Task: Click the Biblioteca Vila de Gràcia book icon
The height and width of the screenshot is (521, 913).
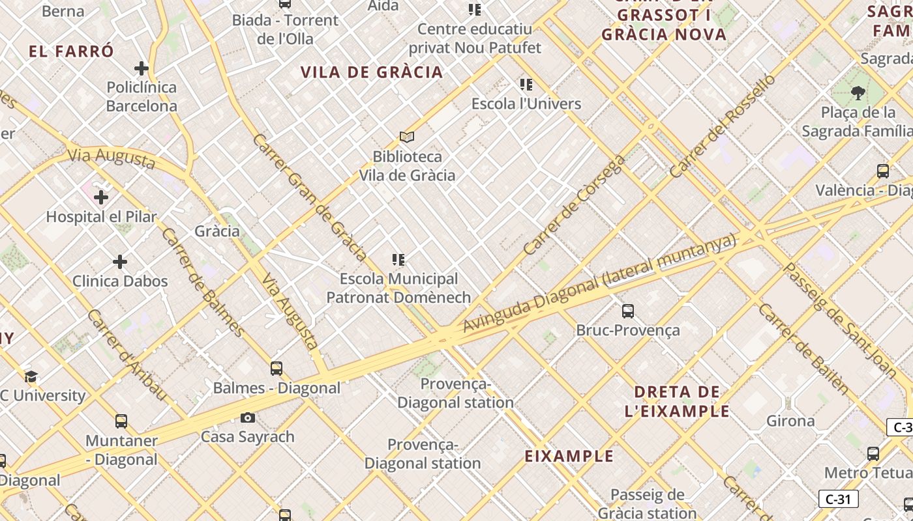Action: tap(407, 137)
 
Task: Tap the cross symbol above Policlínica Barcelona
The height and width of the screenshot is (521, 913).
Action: tap(142, 68)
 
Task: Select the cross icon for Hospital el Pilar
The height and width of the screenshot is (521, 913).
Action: tap(101, 197)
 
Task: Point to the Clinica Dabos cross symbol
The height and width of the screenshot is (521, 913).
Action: tap(120, 262)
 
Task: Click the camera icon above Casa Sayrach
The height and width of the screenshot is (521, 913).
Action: tap(248, 417)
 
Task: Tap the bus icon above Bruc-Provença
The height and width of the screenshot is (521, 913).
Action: tap(628, 311)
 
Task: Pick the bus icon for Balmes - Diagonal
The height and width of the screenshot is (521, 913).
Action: tap(277, 369)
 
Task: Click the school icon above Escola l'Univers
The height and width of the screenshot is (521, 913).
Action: tap(526, 84)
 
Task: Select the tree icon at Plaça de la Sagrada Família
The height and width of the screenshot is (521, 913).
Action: tap(858, 93)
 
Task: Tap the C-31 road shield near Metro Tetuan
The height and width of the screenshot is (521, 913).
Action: tap(838, 500)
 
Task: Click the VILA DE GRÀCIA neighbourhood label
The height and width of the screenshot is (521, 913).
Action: tap(372, 72)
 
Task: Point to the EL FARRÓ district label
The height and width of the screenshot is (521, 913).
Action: tap(72, 51)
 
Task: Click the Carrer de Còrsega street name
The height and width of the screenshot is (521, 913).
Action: tap(574, 205)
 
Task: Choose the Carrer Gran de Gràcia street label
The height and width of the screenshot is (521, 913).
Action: tap(310, 197)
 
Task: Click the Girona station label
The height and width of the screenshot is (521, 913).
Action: tap(790, 421)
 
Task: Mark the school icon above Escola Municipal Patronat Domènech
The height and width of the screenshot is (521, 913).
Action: tap(398, 260)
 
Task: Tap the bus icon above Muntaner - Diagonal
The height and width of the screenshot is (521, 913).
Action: tap(121, 421)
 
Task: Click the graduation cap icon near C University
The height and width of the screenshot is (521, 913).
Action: tap(31, 376)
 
